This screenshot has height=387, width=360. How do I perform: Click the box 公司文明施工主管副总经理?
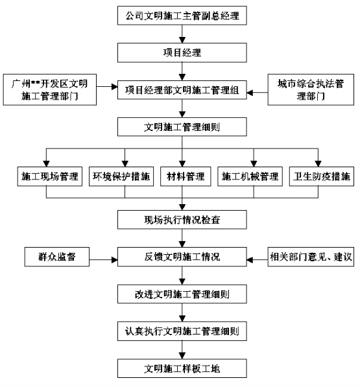pos(182,16)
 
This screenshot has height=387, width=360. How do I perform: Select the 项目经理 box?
pos(182,53)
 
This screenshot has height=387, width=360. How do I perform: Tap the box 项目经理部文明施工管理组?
pos(182,90)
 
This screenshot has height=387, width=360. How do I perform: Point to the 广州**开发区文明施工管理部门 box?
pos(50,89)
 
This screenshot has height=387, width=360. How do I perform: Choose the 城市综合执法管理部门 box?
pos(311,89)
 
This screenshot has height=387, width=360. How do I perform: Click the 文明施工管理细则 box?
pos(182,127)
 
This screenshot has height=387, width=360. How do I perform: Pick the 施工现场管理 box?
pos(50,176)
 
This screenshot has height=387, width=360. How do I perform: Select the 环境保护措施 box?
pos(121,176)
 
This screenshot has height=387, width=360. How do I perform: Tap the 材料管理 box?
pos(186,176)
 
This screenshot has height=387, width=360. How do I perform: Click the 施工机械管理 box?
pos(250,176)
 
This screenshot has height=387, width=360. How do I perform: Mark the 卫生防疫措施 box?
pos(322,176)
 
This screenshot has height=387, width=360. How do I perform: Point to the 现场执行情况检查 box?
pos(182,220)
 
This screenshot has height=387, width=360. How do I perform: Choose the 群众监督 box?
pos(57,257)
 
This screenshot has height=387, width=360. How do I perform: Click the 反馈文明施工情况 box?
pos(182,257)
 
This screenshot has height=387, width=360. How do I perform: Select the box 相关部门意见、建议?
pos(311,257)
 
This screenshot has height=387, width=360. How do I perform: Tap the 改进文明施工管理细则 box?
pos(182,294)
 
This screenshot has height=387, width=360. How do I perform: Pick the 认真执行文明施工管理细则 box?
pos(182,331)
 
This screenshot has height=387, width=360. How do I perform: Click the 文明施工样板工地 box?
pos(182,368)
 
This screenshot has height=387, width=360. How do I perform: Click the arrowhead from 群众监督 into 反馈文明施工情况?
pos(115,260)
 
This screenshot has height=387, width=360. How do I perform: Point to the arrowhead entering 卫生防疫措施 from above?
pos(318,163)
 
